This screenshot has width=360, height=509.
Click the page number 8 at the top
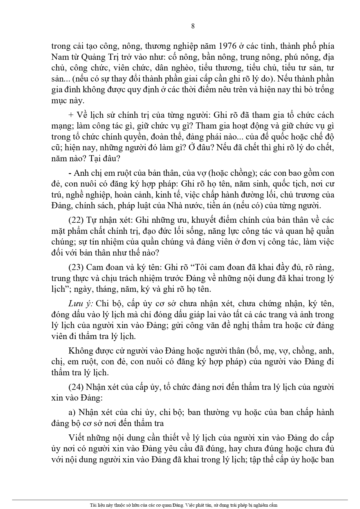pos(193,26)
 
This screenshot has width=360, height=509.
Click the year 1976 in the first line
pos(231,46)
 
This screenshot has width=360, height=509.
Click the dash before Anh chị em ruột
pos(70,173)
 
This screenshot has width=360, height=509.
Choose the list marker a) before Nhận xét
pos(72,412)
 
